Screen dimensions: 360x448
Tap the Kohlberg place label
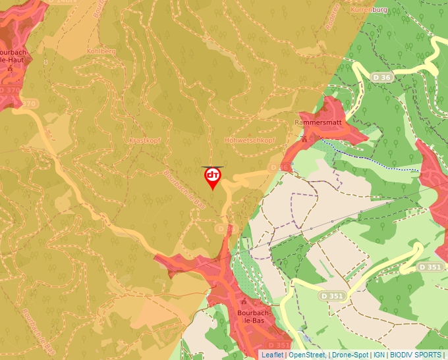coord(101,51)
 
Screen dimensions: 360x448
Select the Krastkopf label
coord(145,141)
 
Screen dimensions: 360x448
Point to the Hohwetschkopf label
coord(250,141)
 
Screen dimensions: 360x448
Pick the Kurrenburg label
coord(369,11)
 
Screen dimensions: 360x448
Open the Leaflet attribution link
coord(272,355)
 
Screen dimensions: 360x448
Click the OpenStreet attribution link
coord(307,355)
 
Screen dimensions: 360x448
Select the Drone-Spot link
coord(350,355)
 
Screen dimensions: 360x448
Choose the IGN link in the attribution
coord(379,355)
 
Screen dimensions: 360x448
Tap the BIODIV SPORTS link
coord(416,355)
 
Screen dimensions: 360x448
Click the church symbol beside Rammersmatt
coord(304,140)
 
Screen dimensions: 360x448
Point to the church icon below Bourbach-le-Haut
coord(9,68)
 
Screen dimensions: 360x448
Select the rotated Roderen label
coord(332,17)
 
